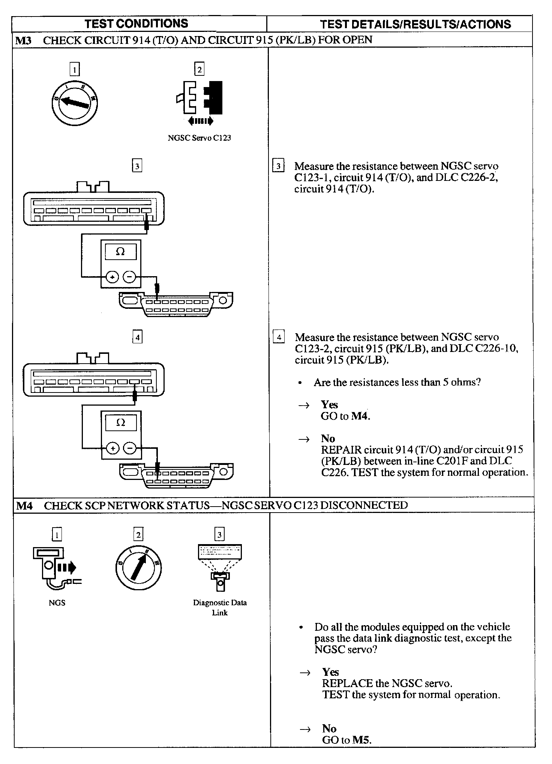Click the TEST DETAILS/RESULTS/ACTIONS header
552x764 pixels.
point(415,24)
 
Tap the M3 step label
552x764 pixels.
point(23,40)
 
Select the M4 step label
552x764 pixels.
point(24,505)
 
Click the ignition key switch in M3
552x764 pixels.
point(74,102)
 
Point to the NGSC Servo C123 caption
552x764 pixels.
point(199,138)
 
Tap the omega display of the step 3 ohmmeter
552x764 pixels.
point(120,251)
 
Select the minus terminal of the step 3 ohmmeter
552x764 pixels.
point(130,277)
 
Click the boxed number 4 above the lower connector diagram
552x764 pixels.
point(137,337)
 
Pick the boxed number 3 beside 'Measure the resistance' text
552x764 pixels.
point(278,166)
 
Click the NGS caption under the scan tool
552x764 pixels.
point(57,603)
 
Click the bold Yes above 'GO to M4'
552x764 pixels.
point(329,405)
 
